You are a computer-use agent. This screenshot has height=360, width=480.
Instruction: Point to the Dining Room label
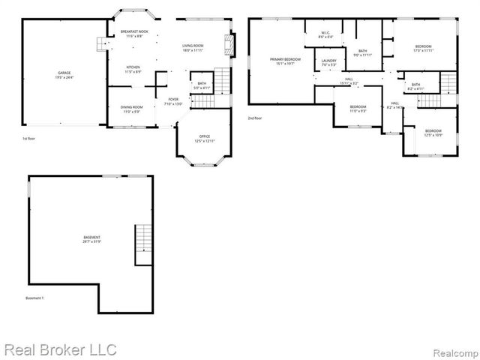pyautogui.click(x=132, y=109)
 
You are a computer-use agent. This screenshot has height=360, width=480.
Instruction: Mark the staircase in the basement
pyautogui.click(x=143, y=244)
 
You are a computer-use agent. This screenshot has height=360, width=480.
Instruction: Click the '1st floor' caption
pyautogui.click(x=29, y=139)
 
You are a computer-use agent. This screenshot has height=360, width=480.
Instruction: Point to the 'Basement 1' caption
pyautogui.click(x=35, y=298)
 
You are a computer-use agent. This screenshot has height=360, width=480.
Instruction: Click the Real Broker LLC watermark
pyautogui.click(x=60, y=349)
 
